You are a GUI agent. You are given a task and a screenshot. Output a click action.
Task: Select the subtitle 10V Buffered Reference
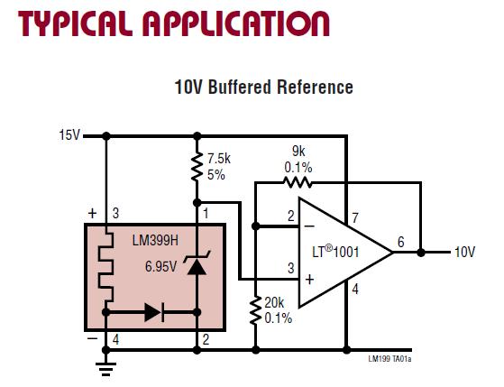point(263,88)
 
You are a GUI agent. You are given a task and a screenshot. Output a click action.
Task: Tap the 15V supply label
point(69,136)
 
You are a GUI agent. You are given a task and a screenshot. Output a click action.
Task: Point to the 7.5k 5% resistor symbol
point(197,169)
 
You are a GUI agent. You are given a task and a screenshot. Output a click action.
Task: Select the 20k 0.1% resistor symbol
point(256,309)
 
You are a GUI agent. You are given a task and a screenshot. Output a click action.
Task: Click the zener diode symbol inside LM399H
point(197,265)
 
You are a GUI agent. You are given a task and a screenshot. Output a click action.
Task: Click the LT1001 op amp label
point(335,253)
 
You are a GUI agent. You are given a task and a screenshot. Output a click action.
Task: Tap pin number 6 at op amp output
point(399,241)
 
